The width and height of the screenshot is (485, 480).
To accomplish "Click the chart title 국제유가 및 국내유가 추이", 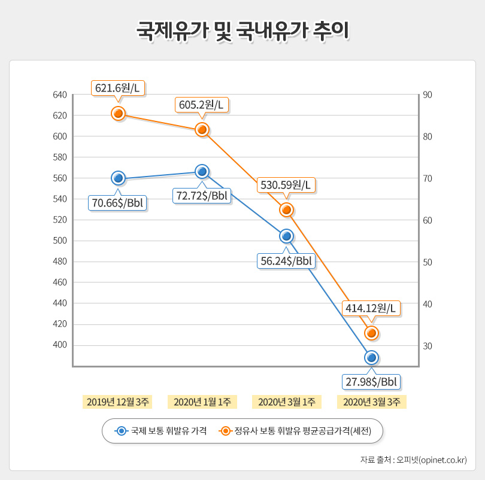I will coord(242,29).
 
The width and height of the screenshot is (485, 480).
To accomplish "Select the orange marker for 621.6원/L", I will coord(118,113).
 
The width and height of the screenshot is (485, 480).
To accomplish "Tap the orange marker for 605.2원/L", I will coord(202,129).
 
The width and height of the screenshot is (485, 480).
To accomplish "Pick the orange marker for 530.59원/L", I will coord(286,209).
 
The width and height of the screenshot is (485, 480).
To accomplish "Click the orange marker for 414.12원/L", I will coord(371,333).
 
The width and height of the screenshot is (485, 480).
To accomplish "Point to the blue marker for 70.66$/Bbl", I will coord(118,178).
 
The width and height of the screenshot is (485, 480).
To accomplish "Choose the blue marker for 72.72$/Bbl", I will coord(202,171).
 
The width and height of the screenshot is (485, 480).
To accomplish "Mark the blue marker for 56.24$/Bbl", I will coord(286,236).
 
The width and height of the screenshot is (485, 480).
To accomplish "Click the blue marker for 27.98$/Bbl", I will coord(371,357).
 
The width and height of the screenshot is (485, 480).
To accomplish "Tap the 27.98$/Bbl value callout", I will coord(371,381).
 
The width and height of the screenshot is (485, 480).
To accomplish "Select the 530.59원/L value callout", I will coord(286,185).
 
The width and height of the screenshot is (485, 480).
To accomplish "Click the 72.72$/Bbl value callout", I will coord(202,195).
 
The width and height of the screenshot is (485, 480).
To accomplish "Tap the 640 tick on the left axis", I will coord(59,95).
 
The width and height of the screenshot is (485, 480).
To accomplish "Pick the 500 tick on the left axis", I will coord(59,241).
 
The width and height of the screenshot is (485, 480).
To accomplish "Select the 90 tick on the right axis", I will coord(428,95).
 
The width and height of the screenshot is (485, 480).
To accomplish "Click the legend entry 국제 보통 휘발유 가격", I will coord(162,431).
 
